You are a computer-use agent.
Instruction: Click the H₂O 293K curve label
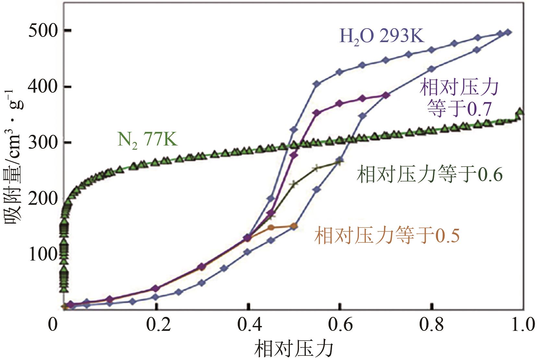coord(382,36)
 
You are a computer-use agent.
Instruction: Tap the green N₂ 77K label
coord(147,140)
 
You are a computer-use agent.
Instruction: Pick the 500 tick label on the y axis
coord(43,31)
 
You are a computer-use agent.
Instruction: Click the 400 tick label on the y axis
coord(43,87)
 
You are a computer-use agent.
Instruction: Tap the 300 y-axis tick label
coord(43,143)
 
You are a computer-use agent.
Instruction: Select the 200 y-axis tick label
coord(43,198)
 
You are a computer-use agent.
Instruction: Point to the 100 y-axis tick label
coord(43,254)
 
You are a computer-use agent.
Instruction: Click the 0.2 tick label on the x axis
coord(158,324)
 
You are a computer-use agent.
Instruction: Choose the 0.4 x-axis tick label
coord(250,324)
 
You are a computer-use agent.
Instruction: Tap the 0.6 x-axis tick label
coord(340,324)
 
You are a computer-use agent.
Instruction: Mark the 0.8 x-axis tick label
coord(432,324)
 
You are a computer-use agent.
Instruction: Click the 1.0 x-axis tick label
coord(523,324)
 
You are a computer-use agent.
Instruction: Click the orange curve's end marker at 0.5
coord(294,226)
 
